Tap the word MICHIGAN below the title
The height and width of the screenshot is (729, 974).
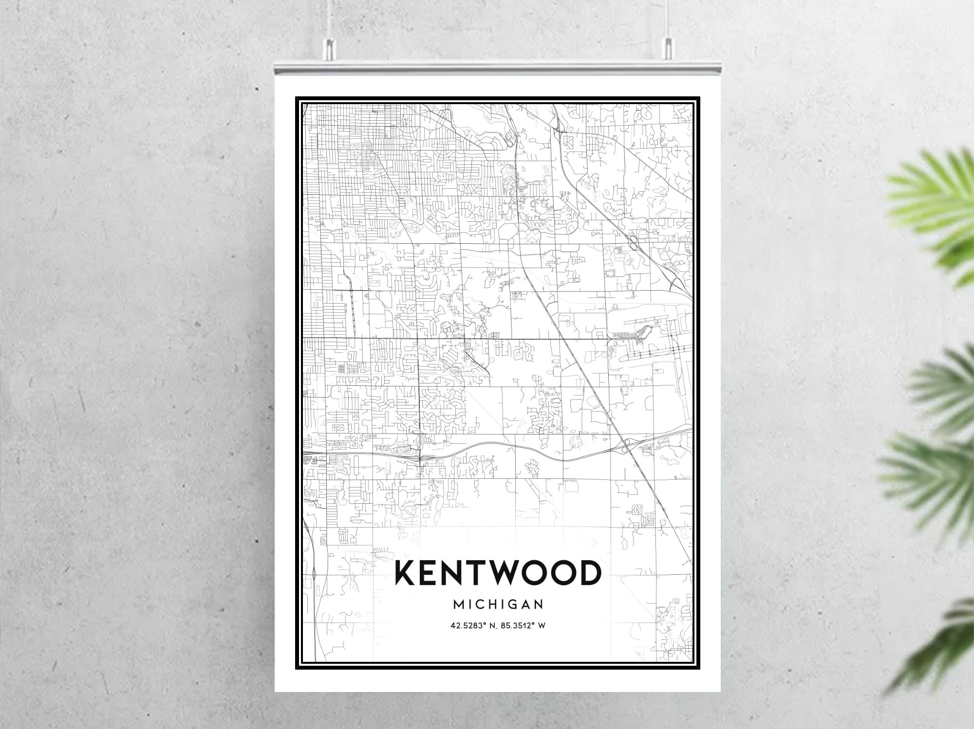point(498,604)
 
